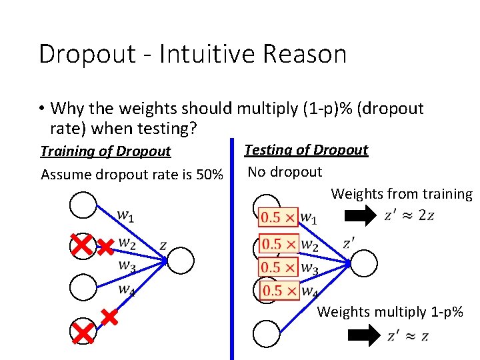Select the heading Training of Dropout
[105, 151]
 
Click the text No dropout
[285, 172]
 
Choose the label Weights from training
[401, 194]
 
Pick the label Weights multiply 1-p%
[390, 311]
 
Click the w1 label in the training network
[126, 215]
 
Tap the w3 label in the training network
[126, 266]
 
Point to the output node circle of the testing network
[363, 263]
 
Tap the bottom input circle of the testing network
[267, 333]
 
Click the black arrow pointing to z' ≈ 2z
[364, 215]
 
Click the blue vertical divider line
[232, 253]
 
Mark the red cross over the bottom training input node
[83, 332]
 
